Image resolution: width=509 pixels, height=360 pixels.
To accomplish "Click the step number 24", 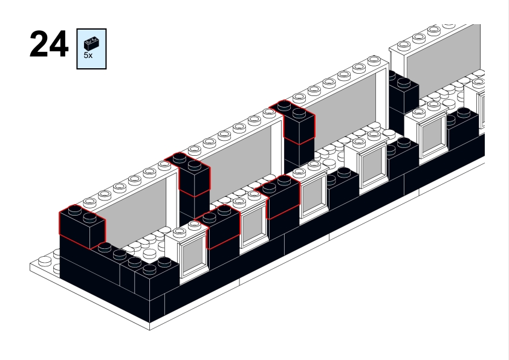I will coord(48,45).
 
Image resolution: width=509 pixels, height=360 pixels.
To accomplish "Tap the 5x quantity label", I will coord(88,55).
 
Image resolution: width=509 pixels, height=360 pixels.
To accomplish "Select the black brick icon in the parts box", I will coord(92,43).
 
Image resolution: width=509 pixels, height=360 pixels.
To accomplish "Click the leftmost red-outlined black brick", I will coord(81,227).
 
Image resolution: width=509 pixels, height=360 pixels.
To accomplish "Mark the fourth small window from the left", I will coord(372,162).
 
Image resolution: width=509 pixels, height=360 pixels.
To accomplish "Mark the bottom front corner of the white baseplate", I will coord(150,330).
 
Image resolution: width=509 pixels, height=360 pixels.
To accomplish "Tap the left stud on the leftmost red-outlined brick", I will coord(74,211).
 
